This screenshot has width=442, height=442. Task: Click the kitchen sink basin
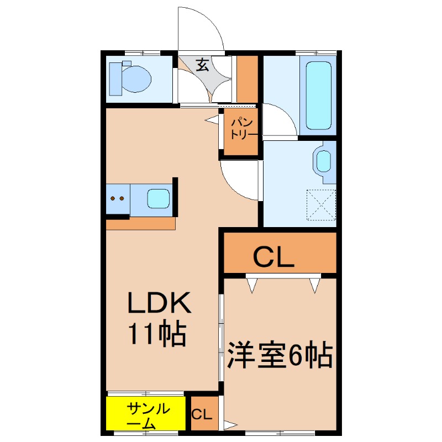click(159, 198)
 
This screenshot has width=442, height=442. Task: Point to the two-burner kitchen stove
click(117, 198)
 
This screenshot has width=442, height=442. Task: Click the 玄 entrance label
click(202, 66)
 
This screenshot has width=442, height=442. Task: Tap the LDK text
click(159, 303)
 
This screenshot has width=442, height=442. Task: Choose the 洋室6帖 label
click(280, 356)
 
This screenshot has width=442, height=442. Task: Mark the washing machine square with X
click(321, 204)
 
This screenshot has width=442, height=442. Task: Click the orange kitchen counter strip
click(140, 223)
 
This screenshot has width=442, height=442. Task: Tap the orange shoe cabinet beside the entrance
click(248, 77)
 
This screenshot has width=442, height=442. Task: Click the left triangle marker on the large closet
click(252, 285)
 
